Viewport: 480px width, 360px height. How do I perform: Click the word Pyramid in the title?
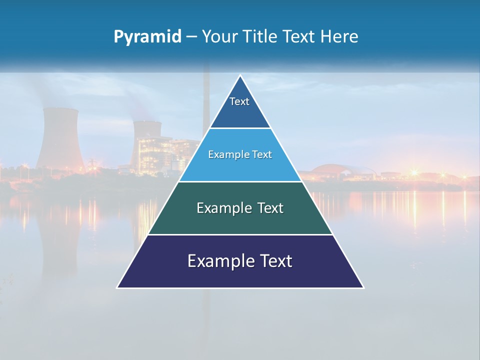point(147,37)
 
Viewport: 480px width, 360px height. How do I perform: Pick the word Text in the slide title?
point(299,37)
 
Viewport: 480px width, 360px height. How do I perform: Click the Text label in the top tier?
point(239,101)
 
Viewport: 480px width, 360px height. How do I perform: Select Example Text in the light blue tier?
point(240,154)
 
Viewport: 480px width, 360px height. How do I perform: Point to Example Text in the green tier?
point(240,208)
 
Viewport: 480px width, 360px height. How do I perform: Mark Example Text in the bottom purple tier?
point(240,261)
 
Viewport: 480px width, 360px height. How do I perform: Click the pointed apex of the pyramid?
point(240,76)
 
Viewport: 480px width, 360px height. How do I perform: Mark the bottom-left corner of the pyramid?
point(118,287)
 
